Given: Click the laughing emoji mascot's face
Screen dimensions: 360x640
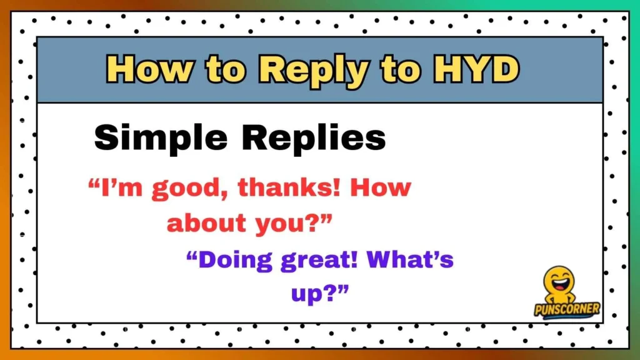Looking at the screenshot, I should pyautogui.click(x=558, y=281).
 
